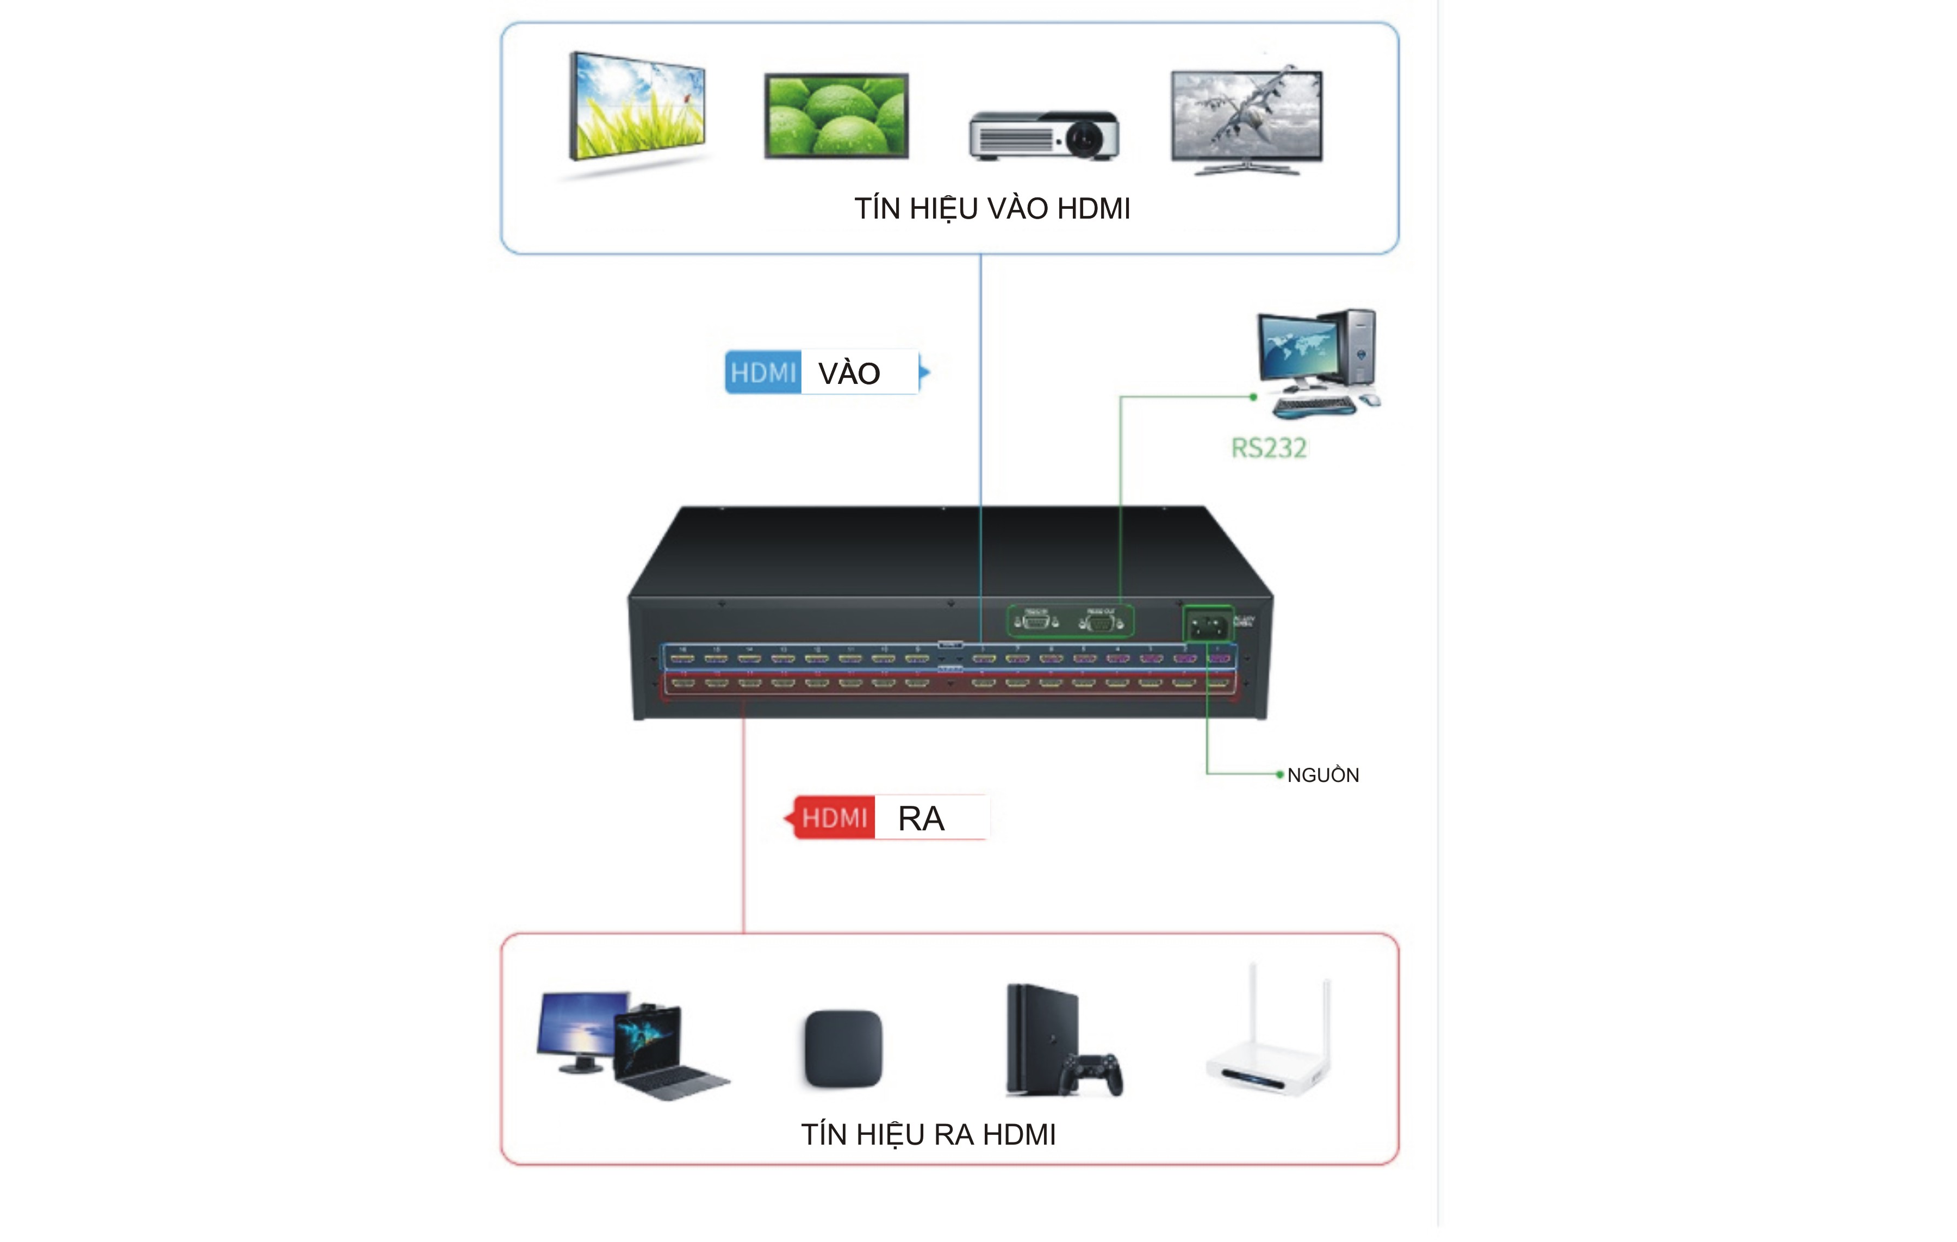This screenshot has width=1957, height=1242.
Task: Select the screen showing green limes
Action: [x=836, y=115]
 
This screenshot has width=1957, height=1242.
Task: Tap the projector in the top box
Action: [x=1045, y=136]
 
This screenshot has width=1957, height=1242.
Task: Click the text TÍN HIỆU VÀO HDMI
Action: [x=991, y=209]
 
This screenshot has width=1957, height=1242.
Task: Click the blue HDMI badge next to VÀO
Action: [x=762, y=373]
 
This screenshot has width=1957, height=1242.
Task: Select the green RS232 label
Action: [x=1269, y=448]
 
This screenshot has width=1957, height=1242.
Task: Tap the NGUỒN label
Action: [x=1322, y=775]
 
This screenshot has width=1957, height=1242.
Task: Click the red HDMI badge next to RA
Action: [x=835, y=818]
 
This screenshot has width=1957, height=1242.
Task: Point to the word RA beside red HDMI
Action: [x=921, y=818]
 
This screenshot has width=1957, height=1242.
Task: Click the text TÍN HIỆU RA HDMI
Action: [x=928, y=1135]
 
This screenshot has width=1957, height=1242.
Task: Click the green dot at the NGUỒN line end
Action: [x=1279, y=775]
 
